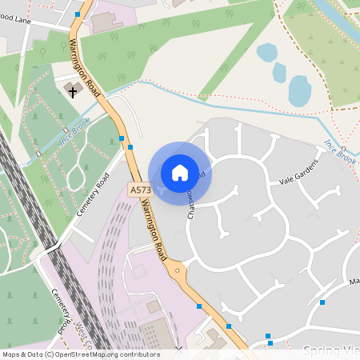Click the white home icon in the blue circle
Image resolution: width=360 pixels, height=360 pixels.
point(180,173)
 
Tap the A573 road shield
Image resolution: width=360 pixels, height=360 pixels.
point(139,190)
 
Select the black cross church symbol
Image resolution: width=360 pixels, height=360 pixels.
point(73,91)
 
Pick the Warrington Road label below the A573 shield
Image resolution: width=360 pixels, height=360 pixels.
point(153,227)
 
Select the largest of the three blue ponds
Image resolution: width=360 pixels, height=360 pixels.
point(299,91)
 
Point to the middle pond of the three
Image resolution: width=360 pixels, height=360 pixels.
point(279,72)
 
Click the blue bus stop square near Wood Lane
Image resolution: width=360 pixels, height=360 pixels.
point(78,14)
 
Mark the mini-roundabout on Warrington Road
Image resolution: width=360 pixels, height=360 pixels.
point(177,270)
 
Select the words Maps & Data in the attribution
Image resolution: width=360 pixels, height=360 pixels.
point(22,354)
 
